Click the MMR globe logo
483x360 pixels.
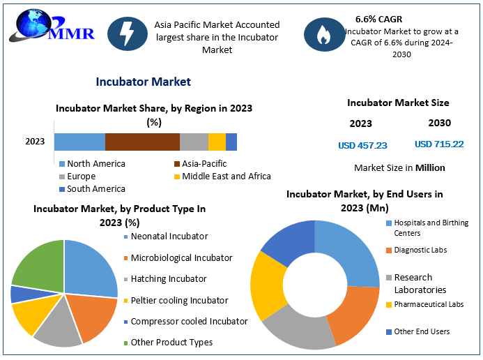[51, 26]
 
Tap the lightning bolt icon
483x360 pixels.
[128, 34]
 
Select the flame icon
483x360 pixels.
[324, 34]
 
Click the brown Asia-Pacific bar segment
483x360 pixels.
[142, 142]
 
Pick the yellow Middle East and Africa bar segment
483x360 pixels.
[217, 142]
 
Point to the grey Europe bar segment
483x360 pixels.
[194, 142]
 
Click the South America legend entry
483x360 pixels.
[93, 189]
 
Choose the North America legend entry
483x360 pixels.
[93, 164]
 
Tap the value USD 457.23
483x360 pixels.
[362, 146]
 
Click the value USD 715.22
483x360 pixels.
[439, 144]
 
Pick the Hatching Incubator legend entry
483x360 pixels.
[165, 279]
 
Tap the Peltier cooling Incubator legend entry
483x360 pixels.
[176, 301]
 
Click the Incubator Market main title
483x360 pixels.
[144, 82]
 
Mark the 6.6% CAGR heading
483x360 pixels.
[379, 20]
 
